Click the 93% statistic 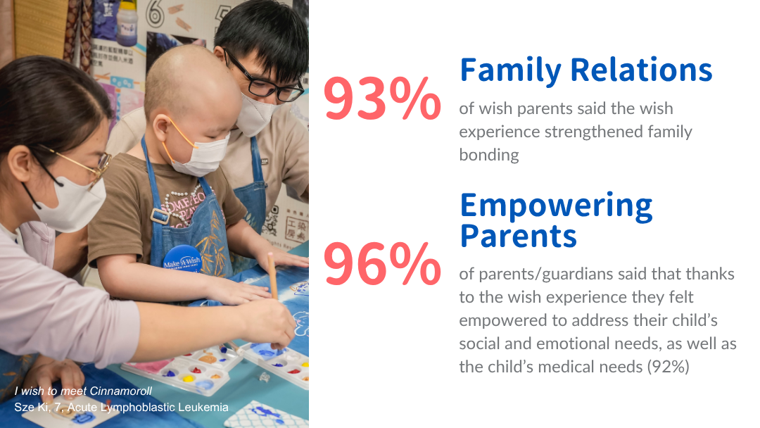click(x=382, y=99)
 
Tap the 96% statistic click(x=382, y=264)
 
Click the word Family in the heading click(x=510, y=71)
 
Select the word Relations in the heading click(x=641, y=70)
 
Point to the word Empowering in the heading click(x=557, y=207)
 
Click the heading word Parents click(x=518, y=236)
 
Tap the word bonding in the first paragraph click(x=489, y=155)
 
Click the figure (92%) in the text click(x=669, y=367)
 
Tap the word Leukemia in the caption click(x=203, y=407)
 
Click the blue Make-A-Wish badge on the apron click(x=182, y=259)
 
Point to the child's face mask click(x=199, y=153)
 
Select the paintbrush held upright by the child click(x=273, y=275)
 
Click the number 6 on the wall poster click(x=155, y=14)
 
